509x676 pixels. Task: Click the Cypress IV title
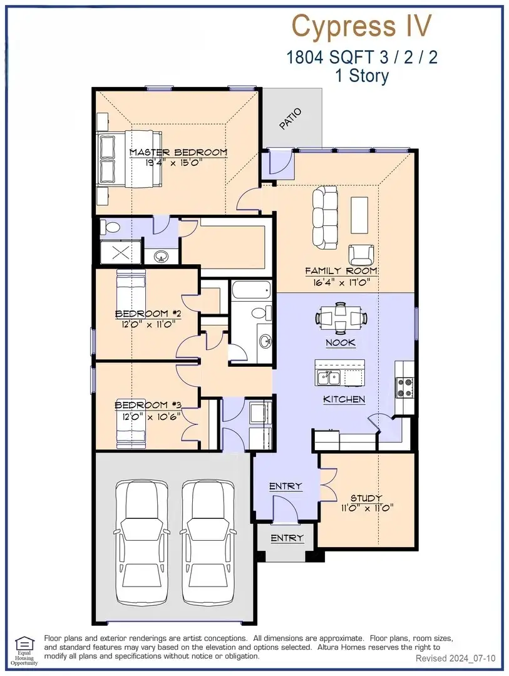361,26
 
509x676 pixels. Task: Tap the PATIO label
290,119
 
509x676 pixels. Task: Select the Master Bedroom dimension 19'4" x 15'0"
173,163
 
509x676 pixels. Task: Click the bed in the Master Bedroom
128,160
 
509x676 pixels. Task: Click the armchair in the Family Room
361,255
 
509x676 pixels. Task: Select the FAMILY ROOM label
341,271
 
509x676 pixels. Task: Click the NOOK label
341,343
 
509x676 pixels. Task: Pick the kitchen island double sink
329,377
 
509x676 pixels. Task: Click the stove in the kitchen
405,387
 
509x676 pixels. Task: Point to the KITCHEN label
344,399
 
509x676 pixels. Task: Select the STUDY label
366,498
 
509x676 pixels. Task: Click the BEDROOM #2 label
148,314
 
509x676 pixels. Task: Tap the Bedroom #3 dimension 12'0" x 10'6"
151,417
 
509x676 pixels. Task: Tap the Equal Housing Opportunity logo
24,651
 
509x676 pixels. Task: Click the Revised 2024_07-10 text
456,658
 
